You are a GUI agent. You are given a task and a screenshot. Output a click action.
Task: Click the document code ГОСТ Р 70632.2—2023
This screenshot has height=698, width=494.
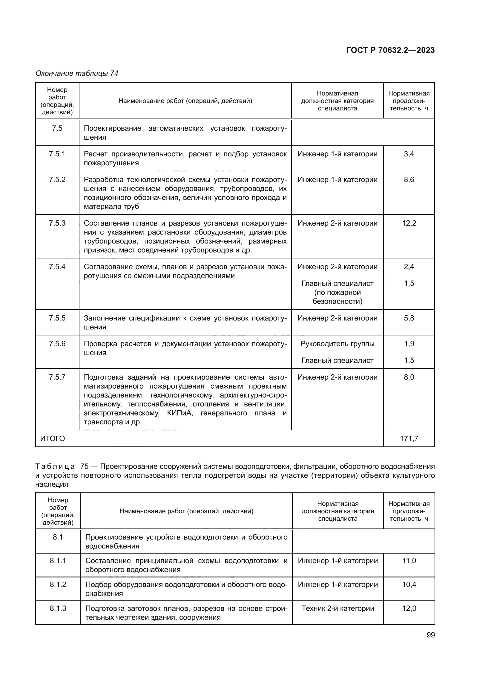coord(391,50)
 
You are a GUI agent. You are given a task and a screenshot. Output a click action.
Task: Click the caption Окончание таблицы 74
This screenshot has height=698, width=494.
coord(77,73)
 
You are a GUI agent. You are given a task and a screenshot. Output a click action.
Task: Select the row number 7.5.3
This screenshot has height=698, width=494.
coord(57,223)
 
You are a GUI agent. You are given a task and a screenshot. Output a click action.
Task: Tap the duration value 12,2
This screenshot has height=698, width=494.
coord(409,223)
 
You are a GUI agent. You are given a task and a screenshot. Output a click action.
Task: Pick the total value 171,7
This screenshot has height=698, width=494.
coord(409,438)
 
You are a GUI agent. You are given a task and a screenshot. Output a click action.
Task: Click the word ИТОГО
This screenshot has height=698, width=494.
coord(53,438)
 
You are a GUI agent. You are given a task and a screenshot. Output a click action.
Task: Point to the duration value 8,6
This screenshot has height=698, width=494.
coord(409,180)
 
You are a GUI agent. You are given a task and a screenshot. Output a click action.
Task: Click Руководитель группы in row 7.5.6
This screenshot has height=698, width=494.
coord(337,344)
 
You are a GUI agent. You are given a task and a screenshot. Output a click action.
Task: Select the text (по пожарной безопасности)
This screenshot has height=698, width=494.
coord(337,297)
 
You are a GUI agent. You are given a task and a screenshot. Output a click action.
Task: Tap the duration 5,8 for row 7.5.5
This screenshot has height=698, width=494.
coord(409,318)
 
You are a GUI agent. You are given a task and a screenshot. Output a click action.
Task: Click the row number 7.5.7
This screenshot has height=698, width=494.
coord(57,377)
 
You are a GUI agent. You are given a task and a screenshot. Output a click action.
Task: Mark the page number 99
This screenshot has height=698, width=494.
coord(430,635)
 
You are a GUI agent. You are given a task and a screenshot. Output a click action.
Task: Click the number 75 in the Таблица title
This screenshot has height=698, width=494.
coord(85,466)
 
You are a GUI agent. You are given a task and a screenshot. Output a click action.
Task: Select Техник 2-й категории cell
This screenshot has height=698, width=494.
coord(338,608)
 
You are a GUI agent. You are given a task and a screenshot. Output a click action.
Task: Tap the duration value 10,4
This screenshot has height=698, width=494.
coord(409,584)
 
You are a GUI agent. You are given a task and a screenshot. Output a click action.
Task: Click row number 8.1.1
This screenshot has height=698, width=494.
coord(58,561)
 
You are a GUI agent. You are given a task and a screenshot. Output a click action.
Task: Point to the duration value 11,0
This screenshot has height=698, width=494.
coord(409,561)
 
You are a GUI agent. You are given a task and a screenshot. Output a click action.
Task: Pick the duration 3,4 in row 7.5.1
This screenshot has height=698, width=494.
coord(409,154)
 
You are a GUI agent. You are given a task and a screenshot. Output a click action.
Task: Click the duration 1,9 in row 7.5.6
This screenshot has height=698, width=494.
coord(409,344)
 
